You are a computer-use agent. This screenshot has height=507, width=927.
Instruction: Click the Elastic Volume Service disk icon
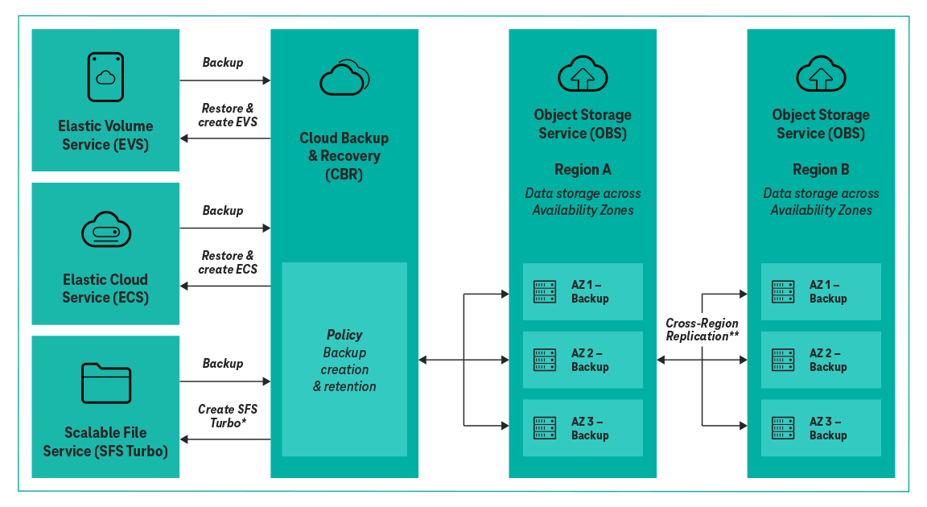(x=105, y=77)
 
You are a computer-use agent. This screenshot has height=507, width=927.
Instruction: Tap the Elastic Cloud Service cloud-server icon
(x=105, y=231)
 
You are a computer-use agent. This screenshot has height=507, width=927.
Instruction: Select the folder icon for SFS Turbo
(x=105, y=383)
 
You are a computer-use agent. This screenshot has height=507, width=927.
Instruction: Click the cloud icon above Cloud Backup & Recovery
(x=344, y=78)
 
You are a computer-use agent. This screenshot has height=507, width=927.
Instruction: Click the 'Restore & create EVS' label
(x=227, y=116)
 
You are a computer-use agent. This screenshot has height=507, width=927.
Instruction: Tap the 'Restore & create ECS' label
(x=227, y=262)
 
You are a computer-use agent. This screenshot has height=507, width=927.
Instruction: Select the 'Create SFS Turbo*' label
(x=227, y=415)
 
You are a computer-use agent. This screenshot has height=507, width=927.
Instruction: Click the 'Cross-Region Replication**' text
(x=702, y=329)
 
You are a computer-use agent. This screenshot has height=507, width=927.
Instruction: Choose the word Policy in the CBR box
(x=344, y=335)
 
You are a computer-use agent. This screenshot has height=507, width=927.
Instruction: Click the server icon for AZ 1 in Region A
(x=545, y=291)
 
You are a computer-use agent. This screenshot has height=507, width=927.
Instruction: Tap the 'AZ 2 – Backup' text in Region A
(x=590, y=360)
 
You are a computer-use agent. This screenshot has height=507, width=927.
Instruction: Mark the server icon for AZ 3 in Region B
(x=783, y=428)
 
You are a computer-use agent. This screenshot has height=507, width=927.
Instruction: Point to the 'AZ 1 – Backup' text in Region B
(x=828, y=291)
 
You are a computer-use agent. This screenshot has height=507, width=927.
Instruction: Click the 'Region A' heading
(x=583, y=170)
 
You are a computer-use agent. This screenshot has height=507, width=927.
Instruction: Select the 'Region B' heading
(x=821, y=170)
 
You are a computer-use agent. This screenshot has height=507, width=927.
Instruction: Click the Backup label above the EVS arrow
(x=223, y=63)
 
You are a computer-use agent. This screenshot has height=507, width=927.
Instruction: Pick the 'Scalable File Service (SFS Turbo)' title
(x=105, y=442)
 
